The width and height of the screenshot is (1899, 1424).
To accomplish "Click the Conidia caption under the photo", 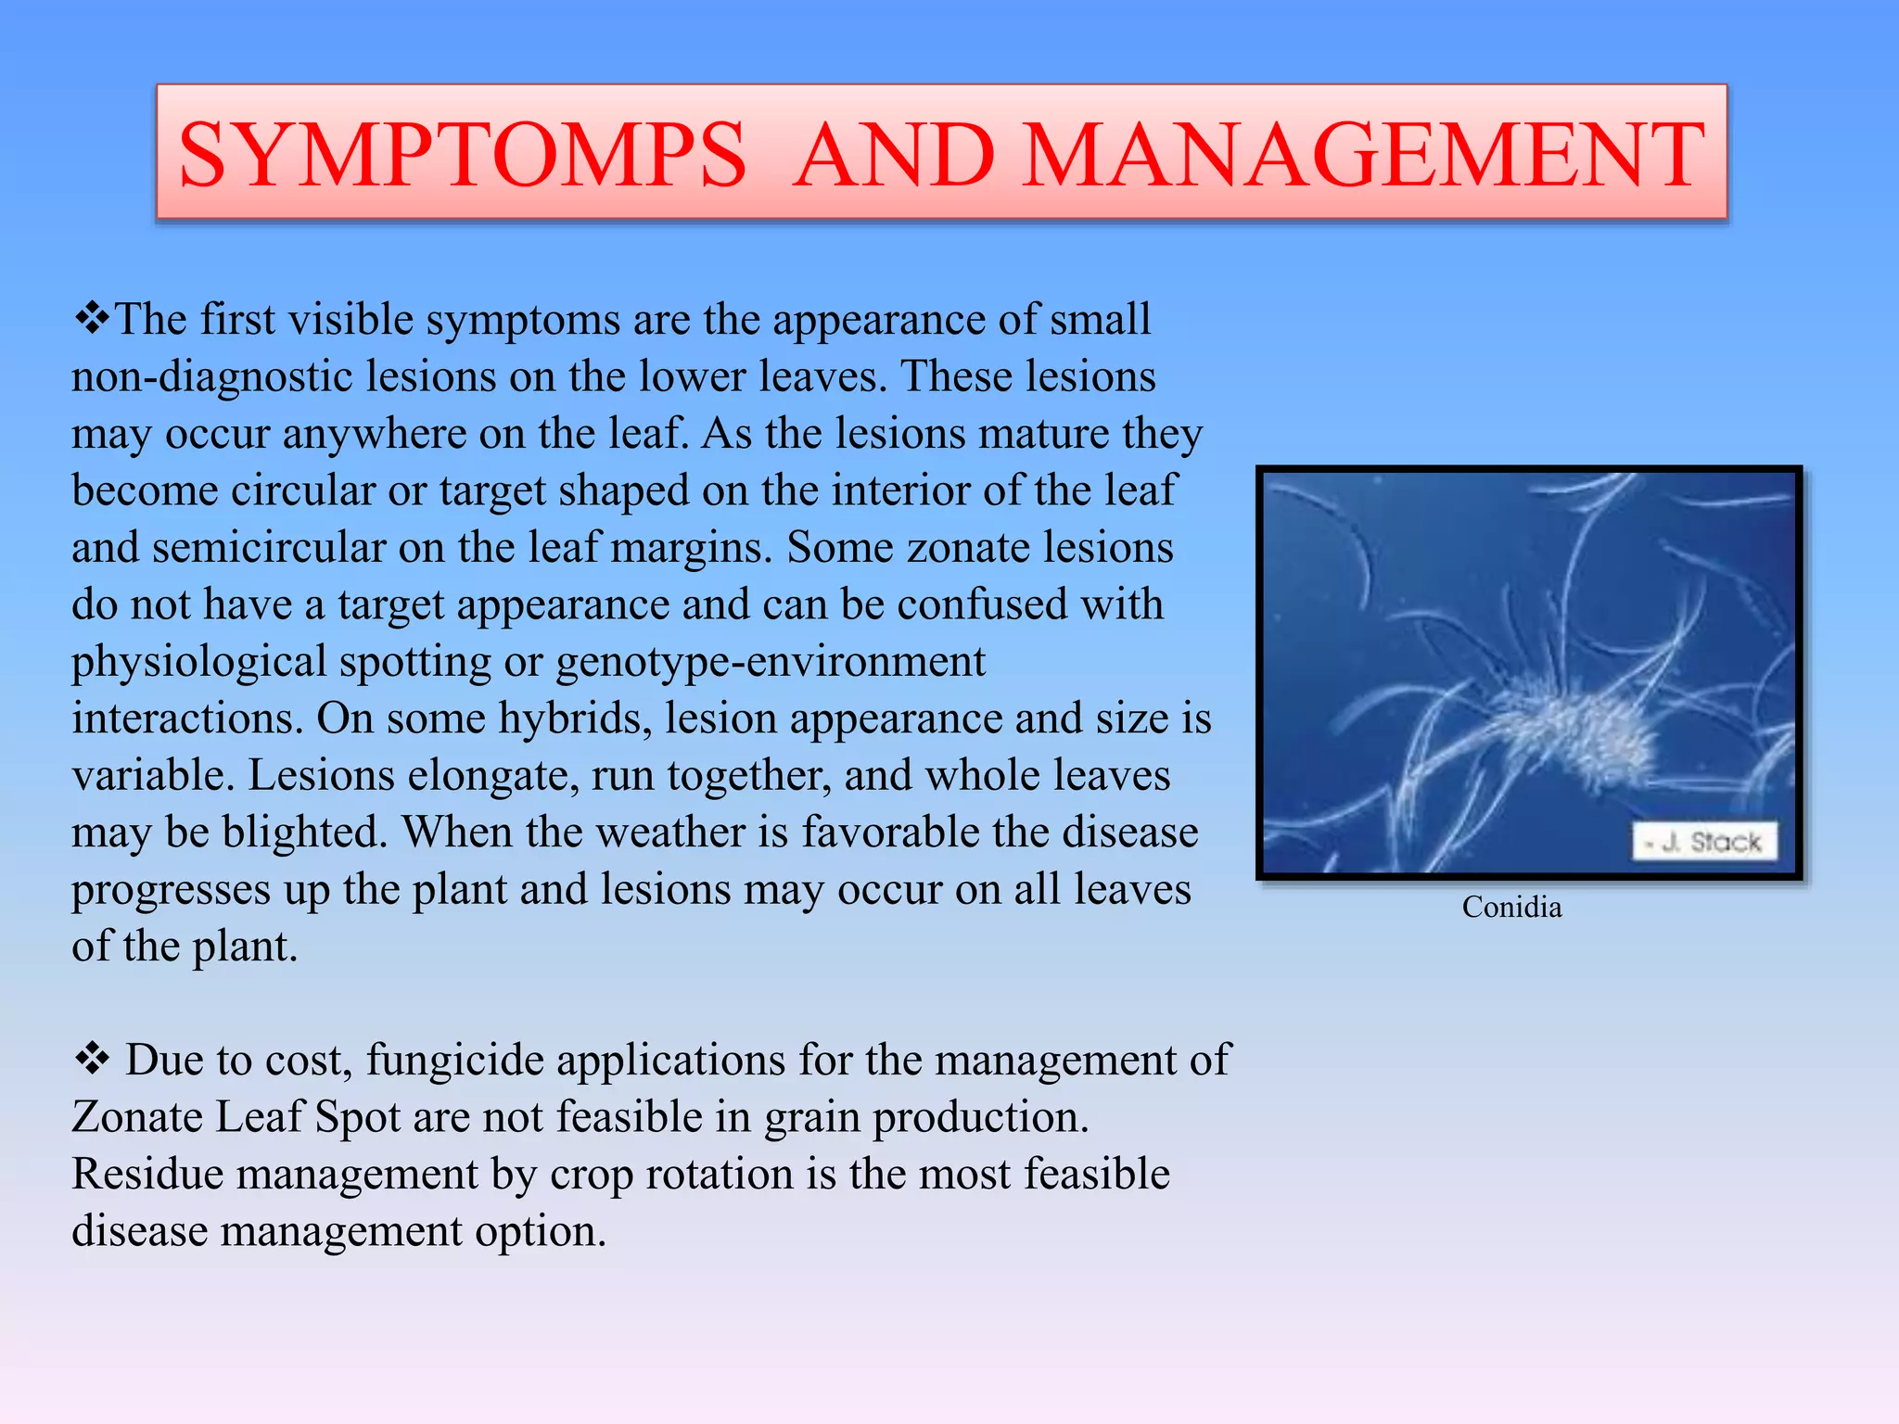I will coord(1511,907).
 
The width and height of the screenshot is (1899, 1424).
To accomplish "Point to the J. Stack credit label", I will coord(1704,842).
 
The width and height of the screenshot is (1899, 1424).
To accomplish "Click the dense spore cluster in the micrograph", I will coord(1576,732).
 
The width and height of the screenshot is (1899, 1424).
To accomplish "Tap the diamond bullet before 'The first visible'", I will coord(91,319).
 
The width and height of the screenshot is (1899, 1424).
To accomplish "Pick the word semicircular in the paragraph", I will coord(269,548).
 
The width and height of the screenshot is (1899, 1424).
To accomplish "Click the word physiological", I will coord(198,662).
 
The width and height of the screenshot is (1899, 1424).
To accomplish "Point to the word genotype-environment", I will coord(770,662).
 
